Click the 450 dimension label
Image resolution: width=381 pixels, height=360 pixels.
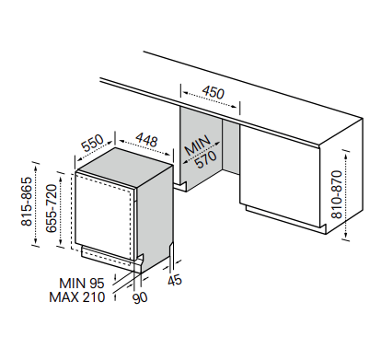pos(214,92)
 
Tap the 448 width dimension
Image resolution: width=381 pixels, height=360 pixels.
pos(146,140)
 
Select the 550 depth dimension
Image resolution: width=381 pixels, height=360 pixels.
pos(93,144)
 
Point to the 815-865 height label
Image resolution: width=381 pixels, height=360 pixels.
pos(27,202)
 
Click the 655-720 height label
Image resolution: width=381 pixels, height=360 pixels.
pos(52,208)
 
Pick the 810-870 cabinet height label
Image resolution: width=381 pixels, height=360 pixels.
pos(336,194)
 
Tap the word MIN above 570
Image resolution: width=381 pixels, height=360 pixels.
pos(198,145)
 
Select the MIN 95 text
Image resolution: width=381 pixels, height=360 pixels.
pos(82,283)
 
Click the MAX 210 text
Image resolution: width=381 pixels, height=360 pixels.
pos(77,297)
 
